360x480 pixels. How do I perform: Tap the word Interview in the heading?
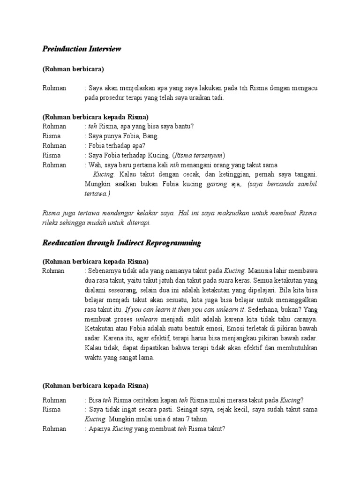tap(105, 49)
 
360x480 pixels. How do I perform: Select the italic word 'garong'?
tap(217, 184)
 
